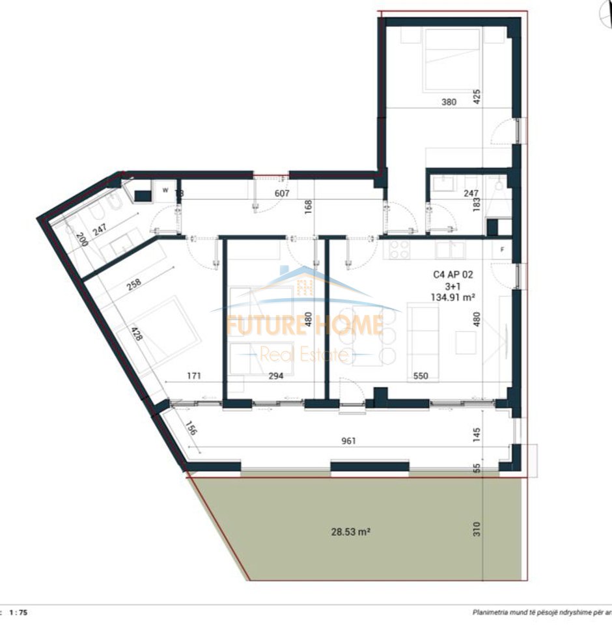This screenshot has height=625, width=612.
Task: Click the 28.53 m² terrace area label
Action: pyautogui.click(x=350, y=532)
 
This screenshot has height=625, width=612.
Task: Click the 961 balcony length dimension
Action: pyautogui.click(x=349, y=441)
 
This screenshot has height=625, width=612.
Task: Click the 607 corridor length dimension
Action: pyautogui.click(x=282, y=193)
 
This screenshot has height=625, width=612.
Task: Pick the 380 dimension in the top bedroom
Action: pyautogui.click(x=449, y=102)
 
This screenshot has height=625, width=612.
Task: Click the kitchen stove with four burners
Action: pyautogui.click(x=398, y=249)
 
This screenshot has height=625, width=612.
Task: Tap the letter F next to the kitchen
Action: pyautogui.click(x=502, y=249)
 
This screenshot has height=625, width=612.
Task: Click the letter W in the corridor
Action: pyautogui.click(x=165, y=191)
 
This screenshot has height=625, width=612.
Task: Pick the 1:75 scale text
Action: pyautogui.click(x=19, y=613)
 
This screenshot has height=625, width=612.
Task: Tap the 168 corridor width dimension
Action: pyautogui.click(x=309, y=206)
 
